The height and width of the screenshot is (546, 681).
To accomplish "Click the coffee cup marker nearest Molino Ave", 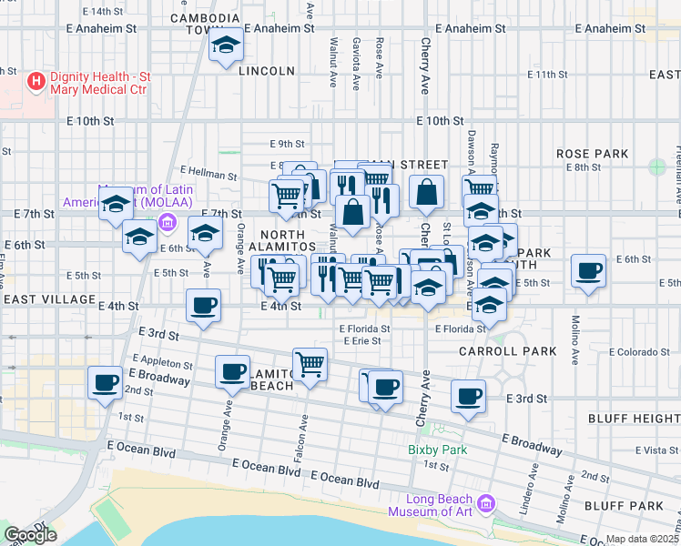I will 588,270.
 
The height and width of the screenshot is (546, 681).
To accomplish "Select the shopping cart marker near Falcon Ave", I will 310,364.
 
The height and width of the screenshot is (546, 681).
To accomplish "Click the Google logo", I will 31,535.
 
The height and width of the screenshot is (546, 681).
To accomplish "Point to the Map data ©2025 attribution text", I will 643,539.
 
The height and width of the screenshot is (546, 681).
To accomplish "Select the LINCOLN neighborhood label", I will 267,71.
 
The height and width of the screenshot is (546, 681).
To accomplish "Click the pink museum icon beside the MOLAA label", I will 167,222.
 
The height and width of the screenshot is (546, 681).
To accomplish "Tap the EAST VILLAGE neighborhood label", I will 49,299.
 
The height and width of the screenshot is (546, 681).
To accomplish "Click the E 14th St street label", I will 102,12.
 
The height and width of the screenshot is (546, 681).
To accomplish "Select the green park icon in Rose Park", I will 657,167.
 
